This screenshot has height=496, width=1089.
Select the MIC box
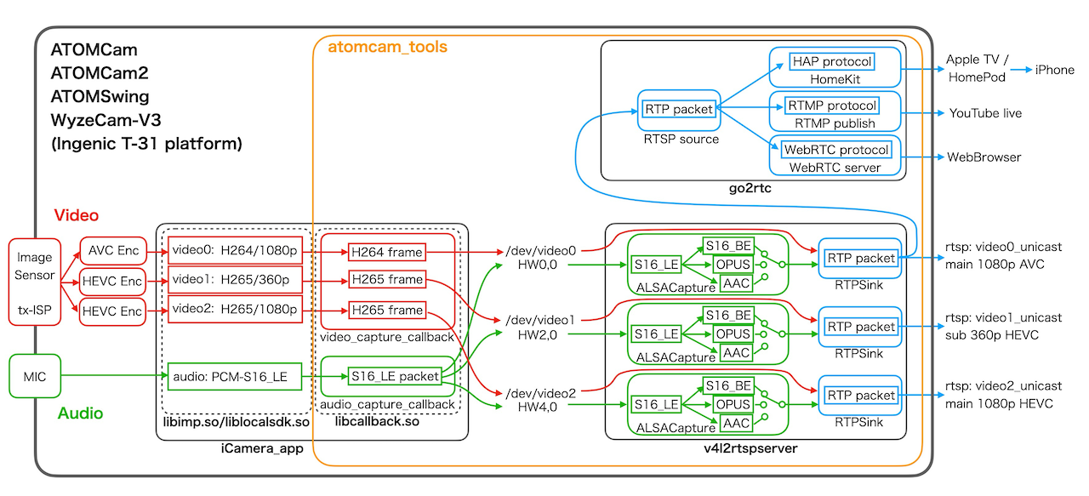point(35,374)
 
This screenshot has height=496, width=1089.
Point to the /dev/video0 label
point(540,251)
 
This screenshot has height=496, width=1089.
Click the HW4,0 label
point(540,408)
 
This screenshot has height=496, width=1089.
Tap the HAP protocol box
point(832,62)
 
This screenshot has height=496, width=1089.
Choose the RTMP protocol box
point(831,105)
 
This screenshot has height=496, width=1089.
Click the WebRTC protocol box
point(835,150)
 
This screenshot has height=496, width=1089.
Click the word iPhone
point(1054,70)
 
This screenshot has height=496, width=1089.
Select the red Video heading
point(77,215)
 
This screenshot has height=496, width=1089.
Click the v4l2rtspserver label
point(744,448)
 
